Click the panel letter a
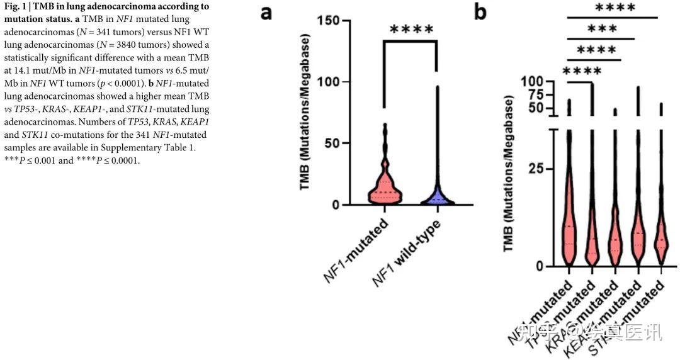coord(267,13)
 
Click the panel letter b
coord(480,11)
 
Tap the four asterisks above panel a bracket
coord(411,30)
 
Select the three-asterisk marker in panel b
coord(602,29)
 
